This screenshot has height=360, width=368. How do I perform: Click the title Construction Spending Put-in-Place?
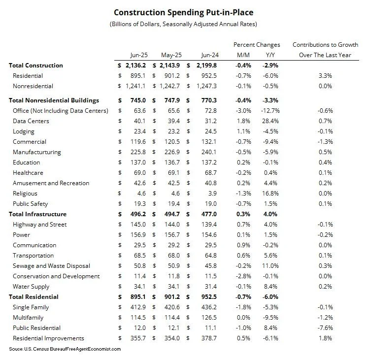coord(184,12)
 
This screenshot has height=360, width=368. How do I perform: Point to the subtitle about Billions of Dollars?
coord(184,24)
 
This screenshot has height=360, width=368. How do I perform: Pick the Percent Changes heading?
coord(257,44)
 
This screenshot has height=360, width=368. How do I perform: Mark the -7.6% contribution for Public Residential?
coord(325,328)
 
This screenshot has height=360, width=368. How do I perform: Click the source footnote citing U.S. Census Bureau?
coord(65,349)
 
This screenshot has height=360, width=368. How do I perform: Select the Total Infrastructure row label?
coord(38,214)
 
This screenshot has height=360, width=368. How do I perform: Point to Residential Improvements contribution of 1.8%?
coord(325,338)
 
